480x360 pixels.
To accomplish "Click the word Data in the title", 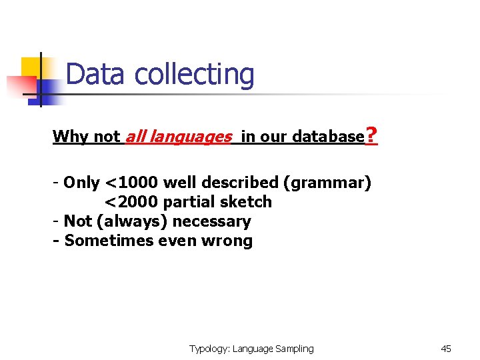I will point(95,75).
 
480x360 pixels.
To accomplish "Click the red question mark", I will point(372,137).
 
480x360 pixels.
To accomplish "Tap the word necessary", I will point(212,221).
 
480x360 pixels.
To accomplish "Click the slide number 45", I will point(446,349).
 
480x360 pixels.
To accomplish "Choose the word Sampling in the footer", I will point(293,349).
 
